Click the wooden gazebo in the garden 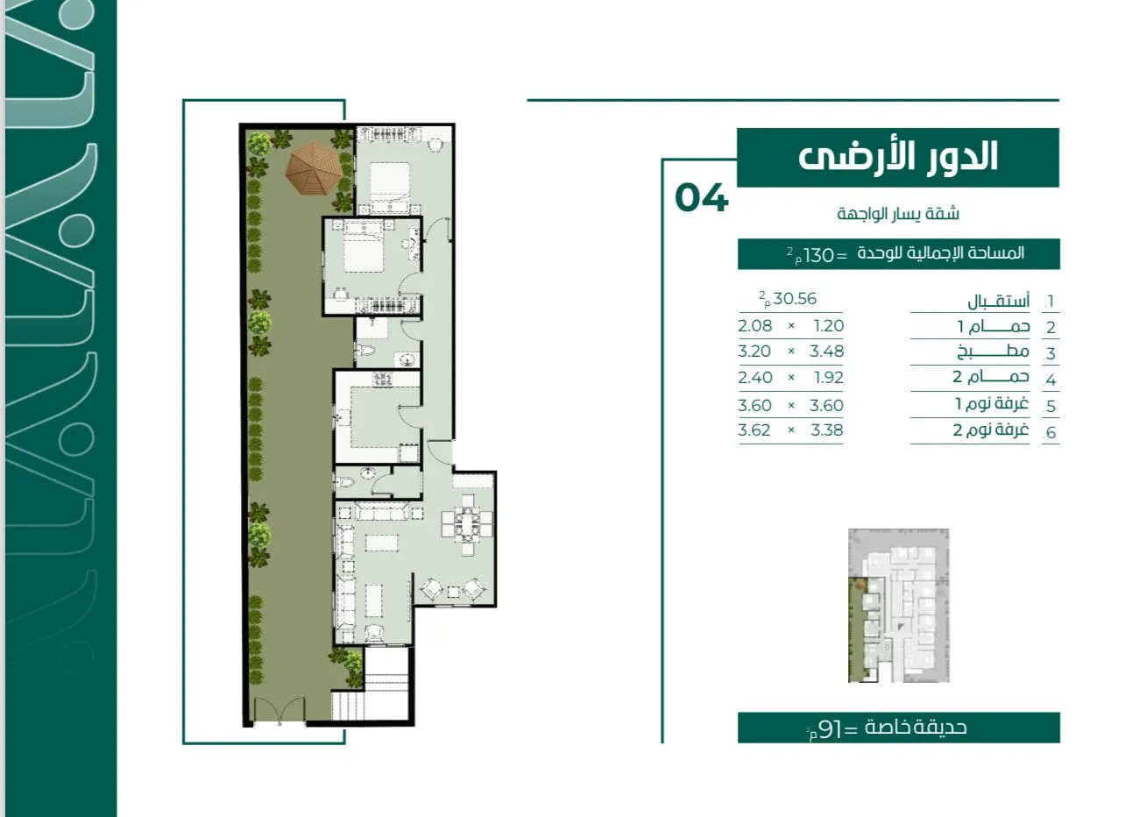coord(314,168)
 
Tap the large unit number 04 coord(702,197)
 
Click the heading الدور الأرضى coord(898,157)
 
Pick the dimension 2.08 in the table coord(755,325)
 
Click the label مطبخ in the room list coord(993,352)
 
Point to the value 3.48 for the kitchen coord(827,352)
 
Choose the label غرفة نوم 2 coord(991,430)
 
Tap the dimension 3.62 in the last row coord(754,430)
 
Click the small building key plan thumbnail coord(898,606)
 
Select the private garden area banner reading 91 coord(898,728)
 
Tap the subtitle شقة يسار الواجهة coord(898,214)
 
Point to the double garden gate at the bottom coord(279,710)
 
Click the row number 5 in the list coord(1051,406)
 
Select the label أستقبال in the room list coord(999,301)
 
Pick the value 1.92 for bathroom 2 coord(829,377)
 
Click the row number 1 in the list coord(1050,302)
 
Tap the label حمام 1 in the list coord(994,327)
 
